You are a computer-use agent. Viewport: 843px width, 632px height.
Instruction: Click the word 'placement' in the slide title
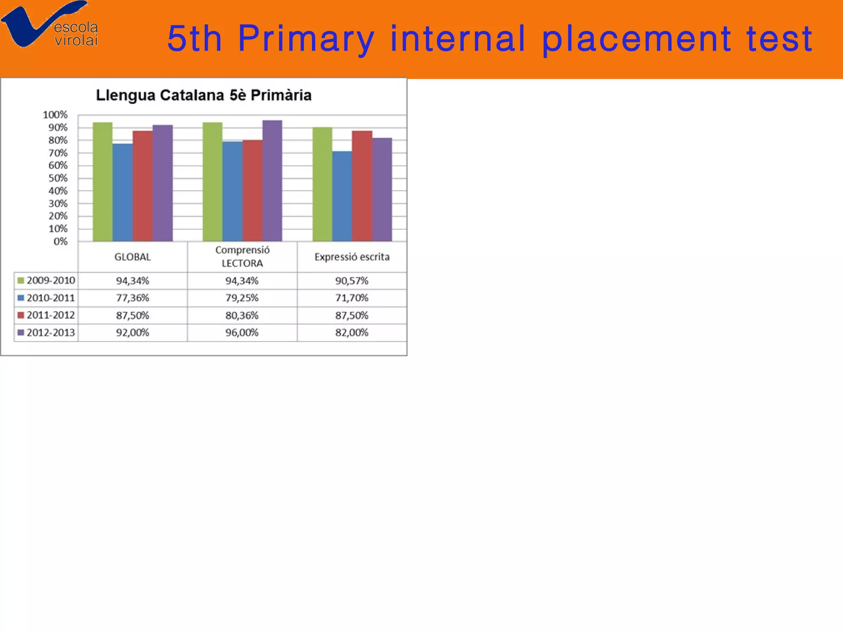pos(636,39)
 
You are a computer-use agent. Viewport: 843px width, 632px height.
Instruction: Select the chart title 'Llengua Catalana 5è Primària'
pos(204,95)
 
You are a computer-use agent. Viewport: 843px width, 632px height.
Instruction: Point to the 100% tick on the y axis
pos(55,115)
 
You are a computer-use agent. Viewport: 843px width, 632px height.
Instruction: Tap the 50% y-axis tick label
pos(58,178)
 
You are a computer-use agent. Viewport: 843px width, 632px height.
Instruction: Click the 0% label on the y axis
pos(60,242)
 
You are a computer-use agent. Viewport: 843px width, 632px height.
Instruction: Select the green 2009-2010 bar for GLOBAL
pos(102,181)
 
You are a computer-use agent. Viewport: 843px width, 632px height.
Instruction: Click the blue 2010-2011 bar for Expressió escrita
pos(342,196)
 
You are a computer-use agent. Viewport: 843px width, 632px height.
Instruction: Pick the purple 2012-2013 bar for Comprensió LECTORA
pos(272,181)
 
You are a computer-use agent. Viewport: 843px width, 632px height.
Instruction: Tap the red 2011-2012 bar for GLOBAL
pos(143,186)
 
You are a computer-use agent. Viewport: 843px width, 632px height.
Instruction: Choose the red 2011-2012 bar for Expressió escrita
pos(362,186)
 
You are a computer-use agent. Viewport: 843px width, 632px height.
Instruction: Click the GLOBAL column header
pos(133,257)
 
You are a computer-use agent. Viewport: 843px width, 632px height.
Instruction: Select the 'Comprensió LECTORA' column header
pos(242,257)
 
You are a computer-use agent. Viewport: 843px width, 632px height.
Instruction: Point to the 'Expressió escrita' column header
pos(352,257)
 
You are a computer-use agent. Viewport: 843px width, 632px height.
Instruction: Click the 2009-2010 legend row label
pos(51,281)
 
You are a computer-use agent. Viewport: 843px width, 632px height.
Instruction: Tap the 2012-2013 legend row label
pos(51,332)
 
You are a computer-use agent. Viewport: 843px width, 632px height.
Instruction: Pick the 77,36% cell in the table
pos(133,298)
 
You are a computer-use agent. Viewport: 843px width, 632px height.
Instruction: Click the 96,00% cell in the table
pos(242,332)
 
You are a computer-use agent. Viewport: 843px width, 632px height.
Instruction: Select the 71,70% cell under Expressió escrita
pos(352,298)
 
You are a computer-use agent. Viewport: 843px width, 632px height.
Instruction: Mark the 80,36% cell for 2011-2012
pos(242,316)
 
